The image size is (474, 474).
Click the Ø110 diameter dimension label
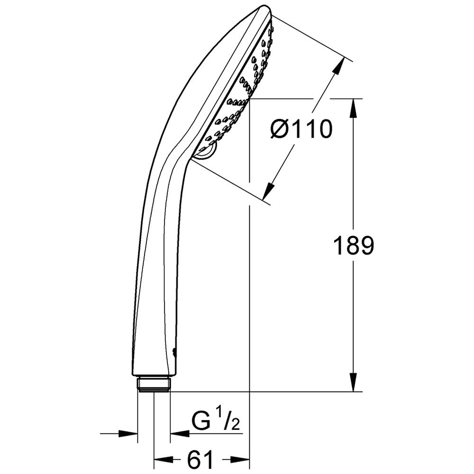[301, 129]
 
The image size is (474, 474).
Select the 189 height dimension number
[354, 246]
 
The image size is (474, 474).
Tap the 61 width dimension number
[200, 459]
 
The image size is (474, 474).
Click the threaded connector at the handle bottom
[154, 384]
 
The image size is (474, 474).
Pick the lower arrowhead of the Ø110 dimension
[268, 191]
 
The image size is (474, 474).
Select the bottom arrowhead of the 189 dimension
[354, 382]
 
